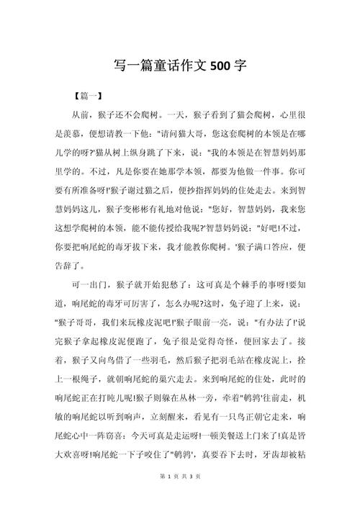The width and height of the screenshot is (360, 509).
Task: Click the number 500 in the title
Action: tap(222, 66)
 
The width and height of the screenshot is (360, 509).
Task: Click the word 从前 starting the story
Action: tap(80, 114)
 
